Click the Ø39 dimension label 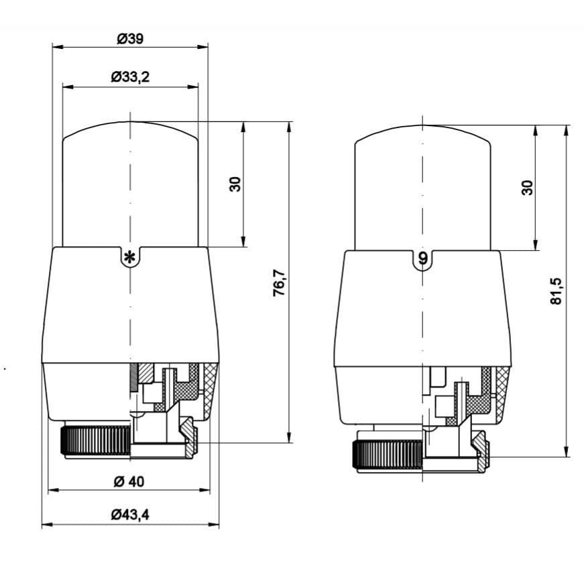[130, 38]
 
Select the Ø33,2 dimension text [130, 76]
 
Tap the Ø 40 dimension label [129, 481]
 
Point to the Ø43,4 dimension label [130, 515]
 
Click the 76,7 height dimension [279, 282]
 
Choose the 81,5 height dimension [556, 291]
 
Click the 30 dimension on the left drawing [235, 184]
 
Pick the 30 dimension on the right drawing [528, 187]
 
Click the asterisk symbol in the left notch [129, 257]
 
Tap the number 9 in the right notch [423, 257]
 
